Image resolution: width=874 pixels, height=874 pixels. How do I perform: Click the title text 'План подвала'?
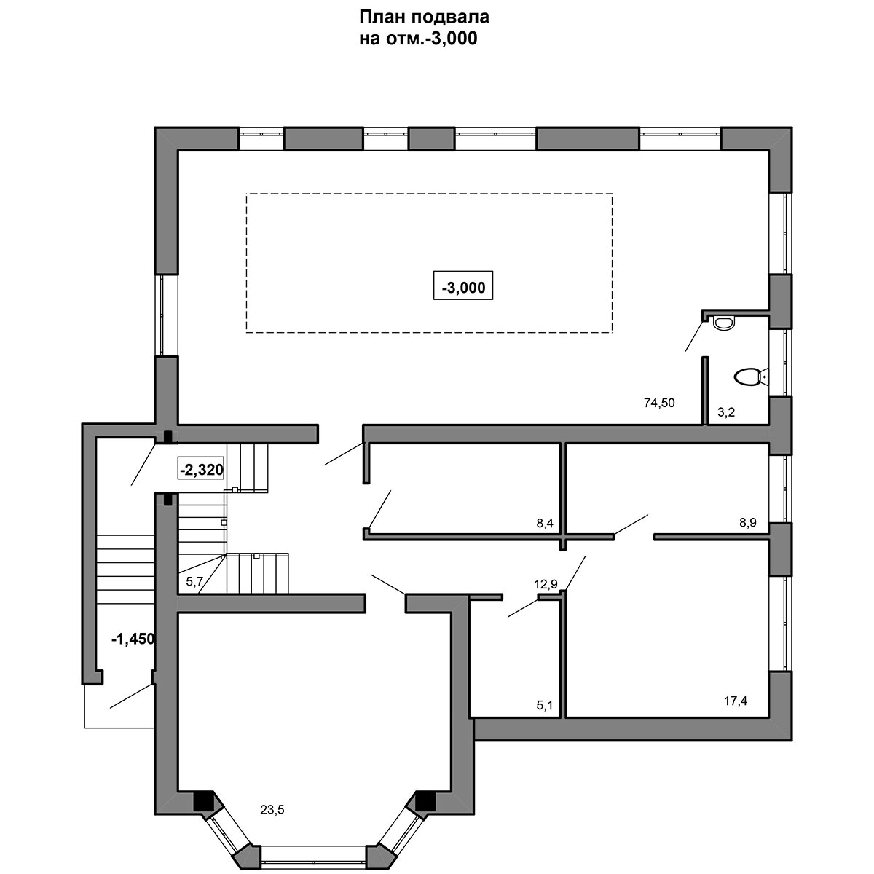coord(424,17)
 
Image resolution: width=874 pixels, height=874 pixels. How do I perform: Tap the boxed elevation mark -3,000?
coord(463,286)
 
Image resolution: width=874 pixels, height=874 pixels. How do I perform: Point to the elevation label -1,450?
coord(133,639)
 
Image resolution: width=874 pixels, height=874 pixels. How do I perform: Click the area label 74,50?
coord(659,402)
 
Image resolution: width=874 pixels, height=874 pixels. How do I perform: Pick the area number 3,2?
coord(725,412)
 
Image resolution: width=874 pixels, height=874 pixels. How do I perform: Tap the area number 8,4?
coord(545,524)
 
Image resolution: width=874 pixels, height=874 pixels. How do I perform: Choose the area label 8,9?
coord(748,522)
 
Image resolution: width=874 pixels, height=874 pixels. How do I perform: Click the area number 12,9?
coord(546,584)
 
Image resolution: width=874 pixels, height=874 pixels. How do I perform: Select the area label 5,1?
coord(544,705)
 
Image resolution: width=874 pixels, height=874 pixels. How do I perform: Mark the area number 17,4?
coord(735,701)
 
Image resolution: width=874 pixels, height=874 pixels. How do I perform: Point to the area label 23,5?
coord(272,809)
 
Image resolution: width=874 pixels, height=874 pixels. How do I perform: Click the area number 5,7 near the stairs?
coord(194,582)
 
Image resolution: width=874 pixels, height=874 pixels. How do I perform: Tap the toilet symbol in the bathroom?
coord(751,377)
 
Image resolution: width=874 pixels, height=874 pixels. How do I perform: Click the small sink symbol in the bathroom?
coord(723,323)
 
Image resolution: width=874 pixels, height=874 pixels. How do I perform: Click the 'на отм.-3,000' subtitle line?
coord(418,39)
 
